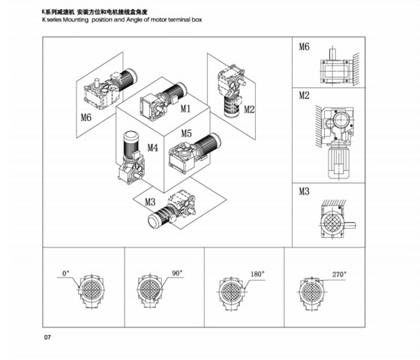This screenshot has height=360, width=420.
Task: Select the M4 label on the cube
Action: tap(152, 148)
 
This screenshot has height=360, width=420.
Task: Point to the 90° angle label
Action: tap(178, 274)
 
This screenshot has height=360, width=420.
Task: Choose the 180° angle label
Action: tap(257, 274)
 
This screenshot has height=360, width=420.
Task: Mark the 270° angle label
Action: tap(339, 274)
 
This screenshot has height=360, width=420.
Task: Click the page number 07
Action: tap(47, 337)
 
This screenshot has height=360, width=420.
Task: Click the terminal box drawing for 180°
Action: tap(229, 291)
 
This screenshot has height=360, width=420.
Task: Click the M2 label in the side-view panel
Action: tap(304, 95)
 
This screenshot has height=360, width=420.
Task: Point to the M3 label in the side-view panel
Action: tap(304, 191)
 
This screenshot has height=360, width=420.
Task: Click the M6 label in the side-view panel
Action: tap(304, 47)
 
